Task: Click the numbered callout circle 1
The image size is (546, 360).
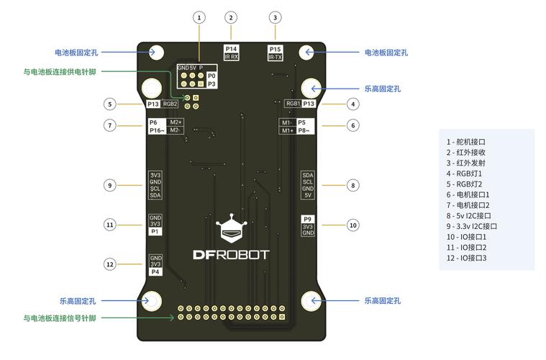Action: tap(199, 17)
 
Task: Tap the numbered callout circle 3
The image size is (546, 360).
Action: tap(276, 17)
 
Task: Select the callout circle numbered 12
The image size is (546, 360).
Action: tap(110, 264)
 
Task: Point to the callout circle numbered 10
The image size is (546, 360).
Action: tap(352, 225)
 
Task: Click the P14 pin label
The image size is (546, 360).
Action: tap(231, 48)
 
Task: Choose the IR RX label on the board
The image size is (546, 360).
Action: tap(231, 57)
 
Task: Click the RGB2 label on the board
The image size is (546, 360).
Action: tap(170, 104)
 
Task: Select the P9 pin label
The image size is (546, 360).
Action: tap(308, 218)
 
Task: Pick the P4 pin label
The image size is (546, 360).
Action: tap(155, 272)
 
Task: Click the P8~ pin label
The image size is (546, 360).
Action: tap(304, 130)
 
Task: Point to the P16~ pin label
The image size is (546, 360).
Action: tap(157, 130)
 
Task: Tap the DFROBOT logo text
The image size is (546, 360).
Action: tap(231, 254)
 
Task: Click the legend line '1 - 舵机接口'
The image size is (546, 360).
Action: tap(466, 142)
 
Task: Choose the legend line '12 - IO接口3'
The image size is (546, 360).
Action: tap(467, 258)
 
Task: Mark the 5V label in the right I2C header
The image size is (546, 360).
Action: tap(308, 195)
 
